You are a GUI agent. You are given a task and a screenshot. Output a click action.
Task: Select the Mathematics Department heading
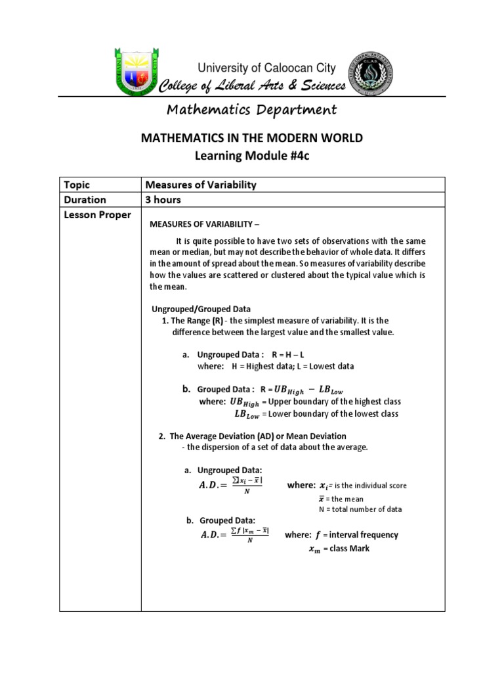click(x=252, y=110)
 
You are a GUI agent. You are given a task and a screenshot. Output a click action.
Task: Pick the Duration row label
click(x=84, y=200)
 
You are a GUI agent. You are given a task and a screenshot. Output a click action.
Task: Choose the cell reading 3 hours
click(x=163, y=200)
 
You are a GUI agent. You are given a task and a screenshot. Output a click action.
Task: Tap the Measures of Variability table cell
click(x=200, y=185)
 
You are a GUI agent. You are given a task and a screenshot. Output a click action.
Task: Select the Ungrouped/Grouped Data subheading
click(x=201, y=309)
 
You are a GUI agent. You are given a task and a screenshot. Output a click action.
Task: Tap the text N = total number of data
click(x=360, y=509)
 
